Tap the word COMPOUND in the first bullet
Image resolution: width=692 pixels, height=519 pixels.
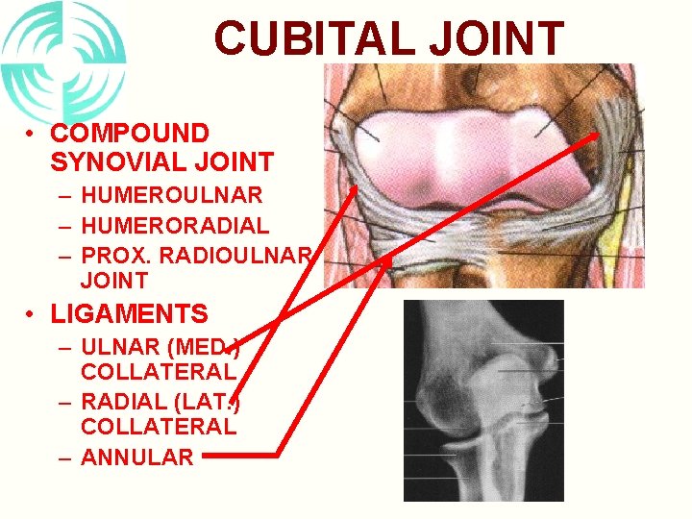click(x=129, y=134)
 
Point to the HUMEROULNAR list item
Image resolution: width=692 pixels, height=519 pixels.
click(x=171, y=195)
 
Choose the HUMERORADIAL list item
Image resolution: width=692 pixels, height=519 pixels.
click(x=175, y=226)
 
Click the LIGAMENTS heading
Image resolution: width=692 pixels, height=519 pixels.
click(x=129, y=314)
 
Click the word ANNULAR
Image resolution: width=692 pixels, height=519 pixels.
click(x=137, y=457)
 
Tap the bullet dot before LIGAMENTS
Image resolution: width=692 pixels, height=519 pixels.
click(x=32, y=314)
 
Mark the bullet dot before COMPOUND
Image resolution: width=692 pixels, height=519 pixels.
click(x=32, y=134)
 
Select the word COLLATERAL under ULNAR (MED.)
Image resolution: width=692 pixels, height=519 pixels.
click(x=159, y=370)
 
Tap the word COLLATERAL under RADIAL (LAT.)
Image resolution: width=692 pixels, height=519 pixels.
click(x=159, y=426)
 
